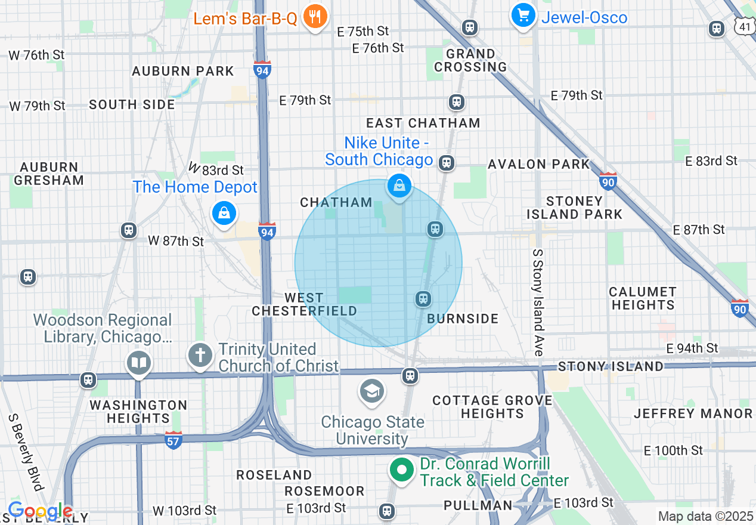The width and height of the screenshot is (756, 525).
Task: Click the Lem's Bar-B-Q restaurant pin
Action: (314, 17)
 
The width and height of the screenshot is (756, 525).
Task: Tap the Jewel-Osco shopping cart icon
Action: (523, 16)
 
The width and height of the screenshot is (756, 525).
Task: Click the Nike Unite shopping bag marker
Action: (399, 187)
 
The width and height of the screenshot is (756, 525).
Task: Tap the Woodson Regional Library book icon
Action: (139, 363)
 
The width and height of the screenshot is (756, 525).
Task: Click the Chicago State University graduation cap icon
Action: (371, 392)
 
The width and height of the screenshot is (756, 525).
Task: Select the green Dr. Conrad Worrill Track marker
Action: (402, 471)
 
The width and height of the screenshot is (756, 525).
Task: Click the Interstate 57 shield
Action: (173, 440)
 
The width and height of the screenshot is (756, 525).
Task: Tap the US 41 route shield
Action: (744, 26)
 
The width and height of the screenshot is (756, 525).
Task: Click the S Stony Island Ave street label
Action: (538, 302)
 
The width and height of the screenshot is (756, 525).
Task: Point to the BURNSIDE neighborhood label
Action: (463, 319)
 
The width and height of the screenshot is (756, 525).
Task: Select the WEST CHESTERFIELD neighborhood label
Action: (304, 304)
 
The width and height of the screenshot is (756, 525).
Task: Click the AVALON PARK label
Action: (538, 164)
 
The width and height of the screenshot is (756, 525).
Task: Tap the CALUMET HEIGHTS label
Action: (642, 298)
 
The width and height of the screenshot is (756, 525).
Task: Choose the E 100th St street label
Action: (674, 450)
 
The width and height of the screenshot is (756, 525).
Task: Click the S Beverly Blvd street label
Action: (26, 452)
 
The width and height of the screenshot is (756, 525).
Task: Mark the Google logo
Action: (40, 511)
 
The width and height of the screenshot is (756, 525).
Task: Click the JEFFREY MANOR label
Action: (693, 413)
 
